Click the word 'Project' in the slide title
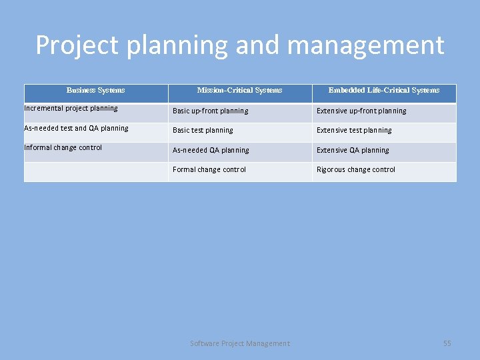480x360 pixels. coord(77,45)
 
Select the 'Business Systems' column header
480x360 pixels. coord(95,90)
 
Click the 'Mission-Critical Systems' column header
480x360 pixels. coord(239,90)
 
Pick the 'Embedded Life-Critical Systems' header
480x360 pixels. coord(384,90)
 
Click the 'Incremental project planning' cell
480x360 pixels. coord(71,108)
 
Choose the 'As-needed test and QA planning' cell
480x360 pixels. coord(76,128)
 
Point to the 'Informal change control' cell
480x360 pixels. coord(63,147)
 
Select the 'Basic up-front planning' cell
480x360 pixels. coord(210,111)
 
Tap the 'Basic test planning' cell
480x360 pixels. coord(203,130)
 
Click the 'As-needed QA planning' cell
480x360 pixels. coord(211,150)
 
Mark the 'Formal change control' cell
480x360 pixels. coord(209,169)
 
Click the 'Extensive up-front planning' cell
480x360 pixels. coord(361,111)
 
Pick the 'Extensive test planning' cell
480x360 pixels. coord(354,130)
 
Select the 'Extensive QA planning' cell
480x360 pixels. coord(353,150)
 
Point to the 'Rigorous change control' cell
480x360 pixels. coord(356,169)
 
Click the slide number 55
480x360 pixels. coord(447,343)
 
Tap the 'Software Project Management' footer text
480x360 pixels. coord(240,343)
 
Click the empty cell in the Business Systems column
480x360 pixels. coord(95,171)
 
